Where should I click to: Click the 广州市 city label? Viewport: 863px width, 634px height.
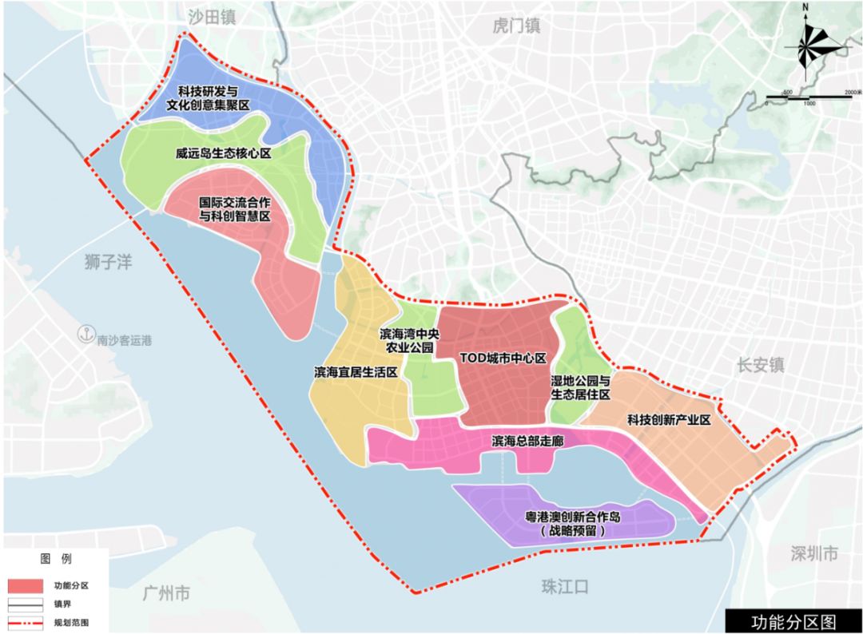pos(166,592)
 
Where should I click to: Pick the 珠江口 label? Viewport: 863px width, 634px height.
pos(564,587)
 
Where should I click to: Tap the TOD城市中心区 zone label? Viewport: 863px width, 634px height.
pos(503,358)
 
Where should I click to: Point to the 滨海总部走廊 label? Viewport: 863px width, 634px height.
pos(523,441)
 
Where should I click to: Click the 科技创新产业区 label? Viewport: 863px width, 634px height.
pos(668,419)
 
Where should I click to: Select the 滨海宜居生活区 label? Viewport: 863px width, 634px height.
pos(356,372)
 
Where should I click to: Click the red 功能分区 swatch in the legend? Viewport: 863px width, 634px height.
pos(26,585)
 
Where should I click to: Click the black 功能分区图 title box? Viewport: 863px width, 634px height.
pos(793,620)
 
